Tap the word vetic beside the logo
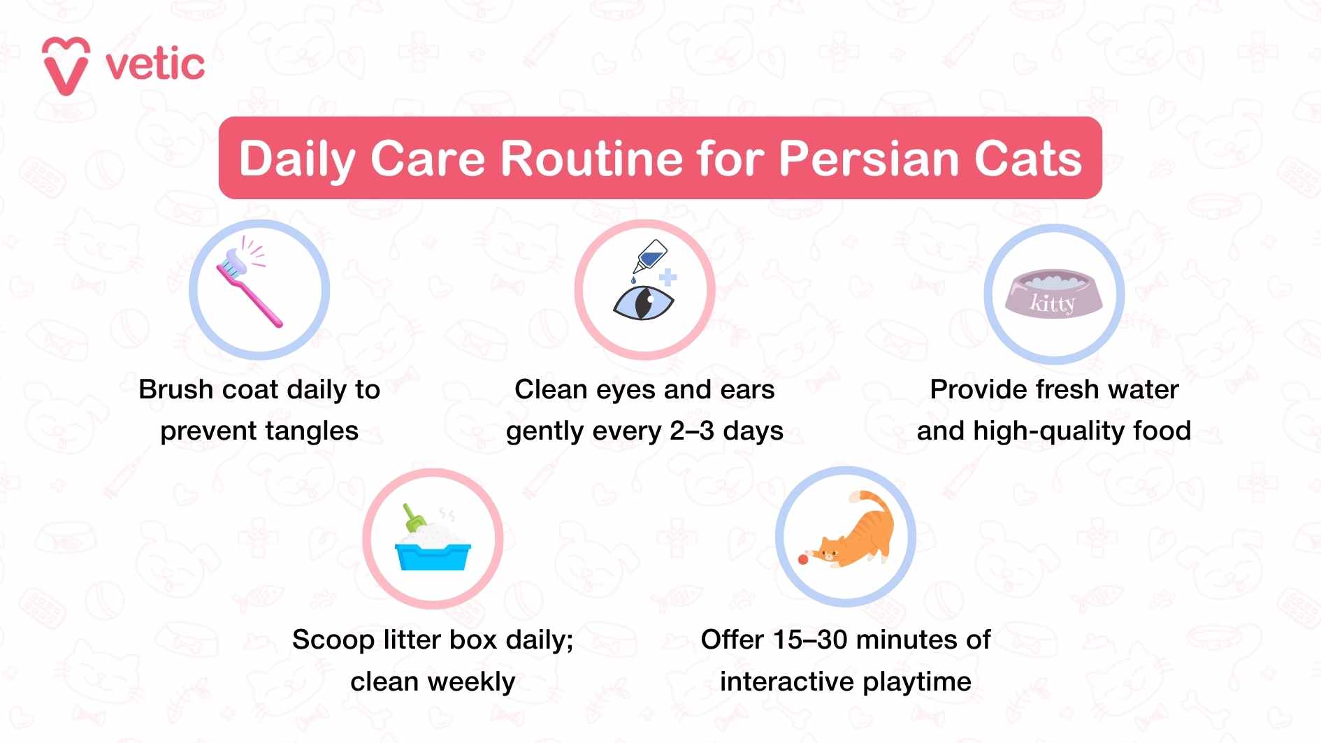click(155, 65)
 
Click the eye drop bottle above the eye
click(650, 257)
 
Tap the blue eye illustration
click(643, 303)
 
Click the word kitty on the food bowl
click(1052, 303)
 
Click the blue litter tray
click(433, 555)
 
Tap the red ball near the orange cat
click(803, 559)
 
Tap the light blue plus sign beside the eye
click(668, 277)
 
